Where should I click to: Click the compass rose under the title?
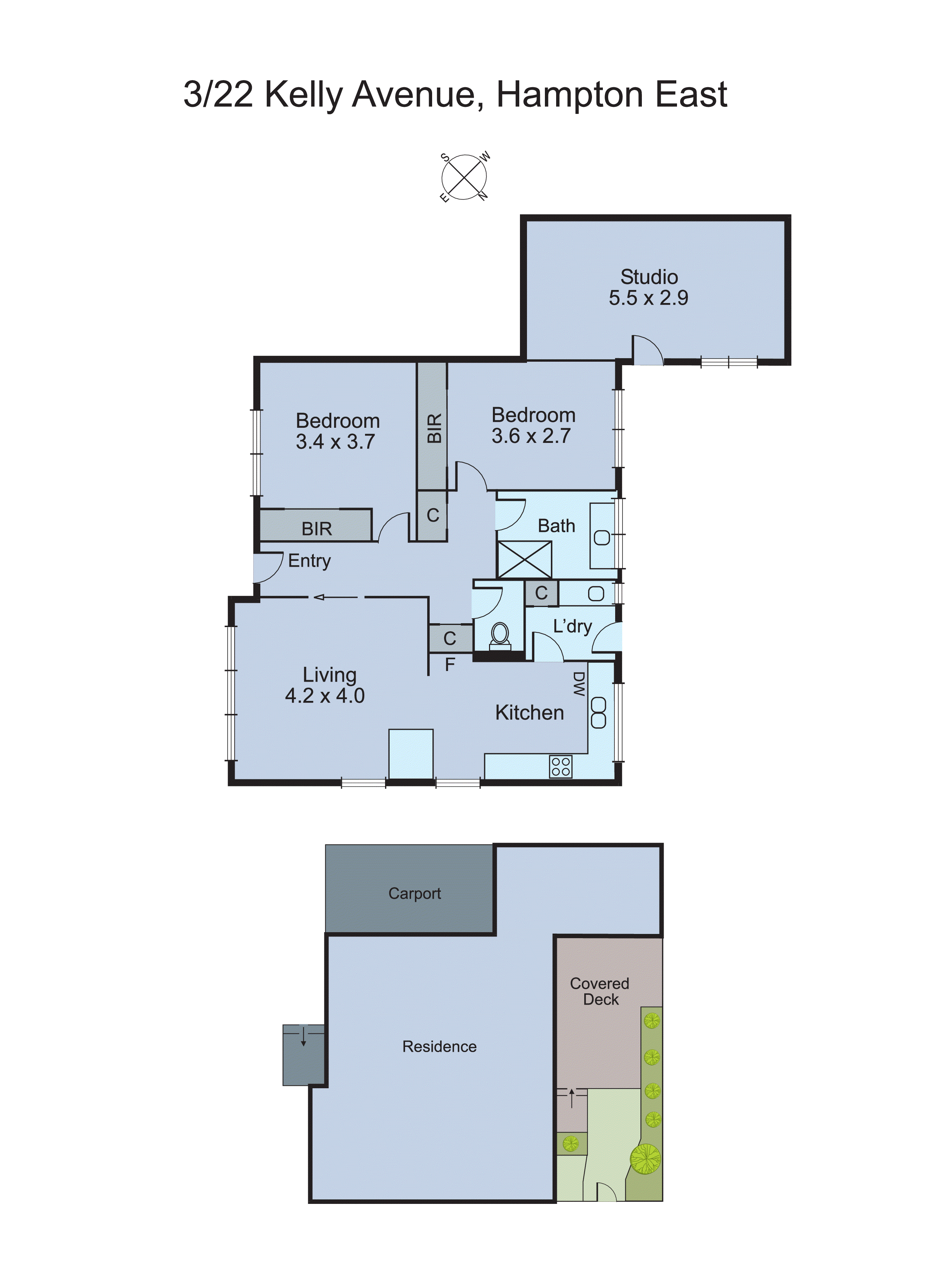464,177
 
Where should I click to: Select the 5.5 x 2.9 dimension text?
648,298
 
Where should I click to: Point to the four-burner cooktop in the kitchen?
561,767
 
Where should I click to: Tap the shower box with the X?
524,559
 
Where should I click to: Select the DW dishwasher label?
579,684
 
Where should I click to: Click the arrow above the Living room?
335,597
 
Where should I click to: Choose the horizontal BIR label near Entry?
317,529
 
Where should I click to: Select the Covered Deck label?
600,992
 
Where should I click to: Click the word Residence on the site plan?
439,1047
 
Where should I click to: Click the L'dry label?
572,626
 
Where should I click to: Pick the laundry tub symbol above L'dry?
596,593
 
